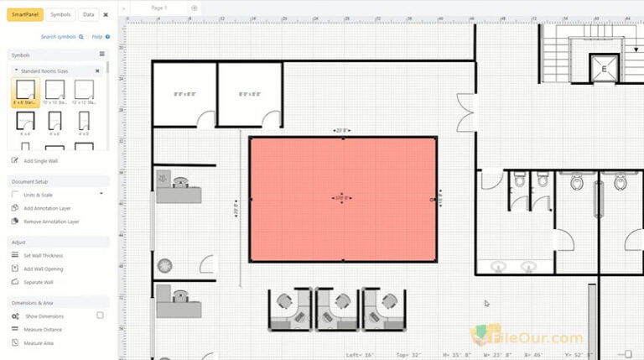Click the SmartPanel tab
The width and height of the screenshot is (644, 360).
25,14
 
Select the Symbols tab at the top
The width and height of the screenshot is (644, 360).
60,14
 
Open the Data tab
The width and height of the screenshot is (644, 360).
88,14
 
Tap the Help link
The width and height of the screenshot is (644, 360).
97,37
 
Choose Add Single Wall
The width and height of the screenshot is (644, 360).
40,160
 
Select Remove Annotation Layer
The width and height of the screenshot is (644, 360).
51,222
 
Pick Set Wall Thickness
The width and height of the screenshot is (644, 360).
43,255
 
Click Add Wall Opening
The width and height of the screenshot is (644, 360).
43,269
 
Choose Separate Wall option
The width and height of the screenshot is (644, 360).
38,282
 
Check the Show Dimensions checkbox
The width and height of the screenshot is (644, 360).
100,316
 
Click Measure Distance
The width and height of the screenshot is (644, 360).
42,329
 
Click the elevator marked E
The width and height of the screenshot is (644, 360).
602,70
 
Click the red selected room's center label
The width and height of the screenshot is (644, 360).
342,199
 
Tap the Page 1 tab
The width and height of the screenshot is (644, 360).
158,7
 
